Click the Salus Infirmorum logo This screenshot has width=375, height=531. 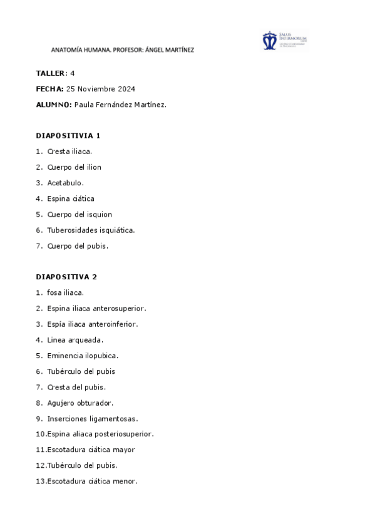(x=284, y=40)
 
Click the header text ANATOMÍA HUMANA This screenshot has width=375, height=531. (x=79, y=50)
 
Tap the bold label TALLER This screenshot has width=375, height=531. (x=50, y=73)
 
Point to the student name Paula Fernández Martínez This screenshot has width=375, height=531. (x=120, y=105)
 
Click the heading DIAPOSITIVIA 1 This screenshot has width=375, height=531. (x=68, y=135)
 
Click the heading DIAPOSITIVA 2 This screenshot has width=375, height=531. (x=66, y=277)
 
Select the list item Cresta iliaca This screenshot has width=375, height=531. (x=69, y=151)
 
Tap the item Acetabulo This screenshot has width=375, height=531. (x=65, y=183)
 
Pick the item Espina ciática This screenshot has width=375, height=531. (x=71, y=198)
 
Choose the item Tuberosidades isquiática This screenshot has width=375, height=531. (x=91, y=230)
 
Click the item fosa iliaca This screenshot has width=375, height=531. (x=65, y=292)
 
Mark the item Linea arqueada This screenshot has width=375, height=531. (x=75, y=340)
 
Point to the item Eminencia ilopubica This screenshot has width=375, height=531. (x=83, y=356)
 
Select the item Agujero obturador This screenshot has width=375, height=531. (x=80, y=403)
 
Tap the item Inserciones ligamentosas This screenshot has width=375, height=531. (x=93, y=418)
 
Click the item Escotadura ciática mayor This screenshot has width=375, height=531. (x=91, y=450)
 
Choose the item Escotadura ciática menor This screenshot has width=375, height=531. (x=92, y=481)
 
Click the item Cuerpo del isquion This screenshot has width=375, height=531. (x=80, y=214)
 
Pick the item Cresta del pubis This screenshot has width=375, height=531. (x=76, y=387)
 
